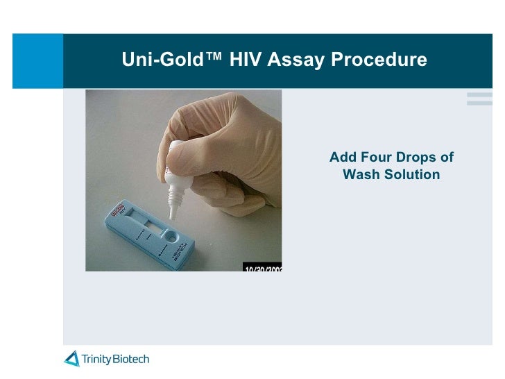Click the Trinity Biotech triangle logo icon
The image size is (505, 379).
coord(71,359)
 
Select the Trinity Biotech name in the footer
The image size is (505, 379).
coord(115,359)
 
